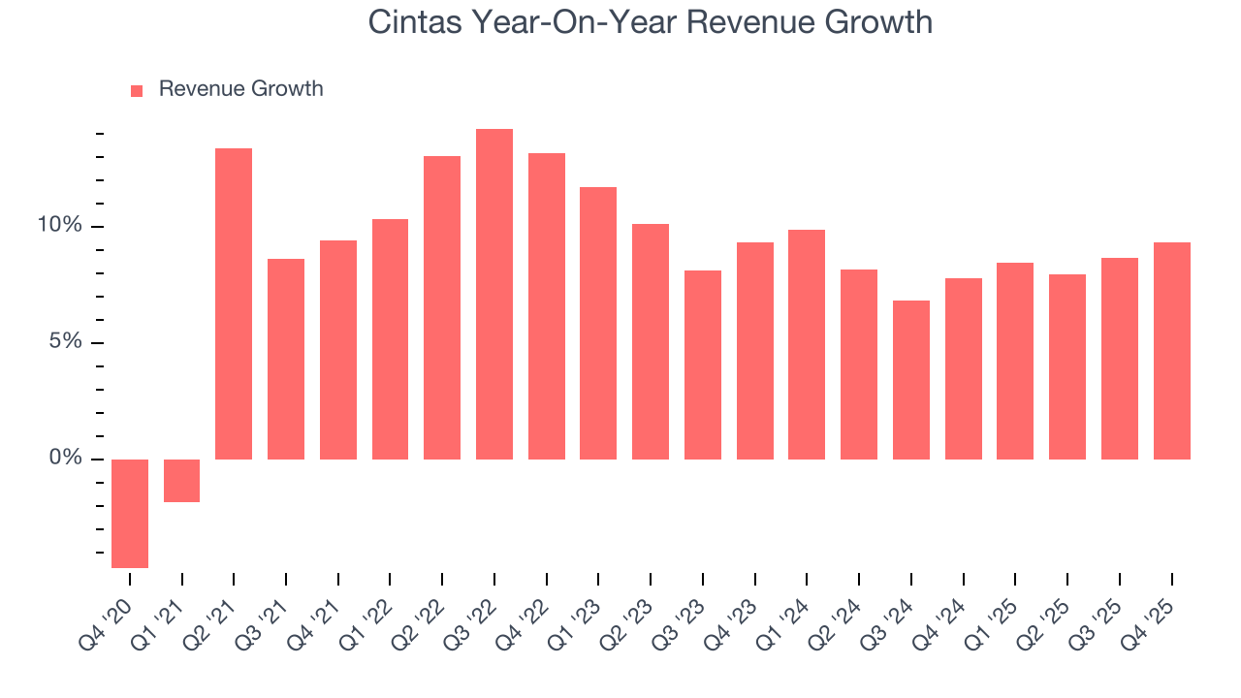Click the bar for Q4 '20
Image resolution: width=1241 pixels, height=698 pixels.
pyautogui.click(x=130, y=513)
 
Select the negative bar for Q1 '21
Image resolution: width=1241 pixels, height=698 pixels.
pyautogui.click(x=181, y=481)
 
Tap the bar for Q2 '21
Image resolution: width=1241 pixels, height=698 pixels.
pyautogui.click(x=234, y=303)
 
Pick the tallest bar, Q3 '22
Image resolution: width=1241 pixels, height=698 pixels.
pyautogui.click(x=494, y=294)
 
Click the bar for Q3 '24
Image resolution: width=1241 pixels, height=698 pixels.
pyautogui.click(x=911, y=380)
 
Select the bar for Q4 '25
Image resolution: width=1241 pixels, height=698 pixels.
pyautogui.click(x=1171, y=351)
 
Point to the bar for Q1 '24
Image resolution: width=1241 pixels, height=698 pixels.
pyautogui.click(x=807, y=344)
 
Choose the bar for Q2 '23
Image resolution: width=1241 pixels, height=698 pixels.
pyautogui.click(x=651, y=341)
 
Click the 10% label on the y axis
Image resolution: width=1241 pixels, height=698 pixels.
pyautogui.click(x=60, y=226)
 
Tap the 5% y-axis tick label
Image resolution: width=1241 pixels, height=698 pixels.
pyautogui.click(x=65, y=342)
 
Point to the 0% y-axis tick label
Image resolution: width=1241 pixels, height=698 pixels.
pyautogui.click(x=65, y=458)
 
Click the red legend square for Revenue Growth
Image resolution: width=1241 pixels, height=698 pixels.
pyautogui.click(x=137, y=90)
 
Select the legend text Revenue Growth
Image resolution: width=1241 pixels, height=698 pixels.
pyautogui.click(x=240, y=89)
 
